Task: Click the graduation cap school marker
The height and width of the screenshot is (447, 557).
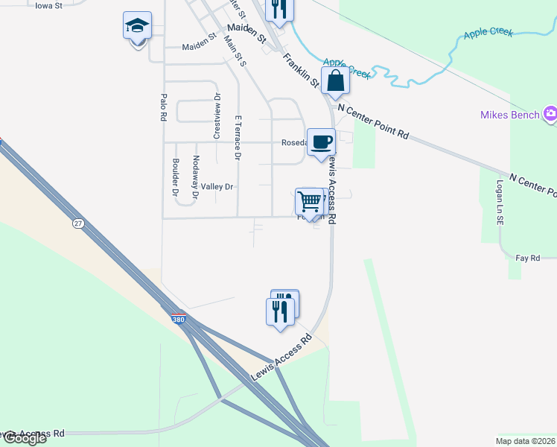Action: pos(137,28)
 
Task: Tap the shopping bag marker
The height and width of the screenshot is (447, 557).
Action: pos(336,80)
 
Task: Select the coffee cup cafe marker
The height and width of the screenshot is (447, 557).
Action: pos(322,142)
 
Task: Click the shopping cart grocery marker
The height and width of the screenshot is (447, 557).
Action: pos(309,200)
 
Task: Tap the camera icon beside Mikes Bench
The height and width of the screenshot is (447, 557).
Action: pos(550,114)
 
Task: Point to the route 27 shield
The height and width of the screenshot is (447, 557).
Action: pos(78,223)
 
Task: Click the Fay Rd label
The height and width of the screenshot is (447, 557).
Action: pos(527,258)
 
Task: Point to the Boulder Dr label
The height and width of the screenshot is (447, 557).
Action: pos(175,177)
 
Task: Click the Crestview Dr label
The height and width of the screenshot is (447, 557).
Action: pos(218,115)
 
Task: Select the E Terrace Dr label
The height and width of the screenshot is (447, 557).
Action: pos(238,138)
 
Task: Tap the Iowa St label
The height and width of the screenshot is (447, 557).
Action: pos(48,4)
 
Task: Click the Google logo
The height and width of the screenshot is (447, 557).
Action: pos(24,438)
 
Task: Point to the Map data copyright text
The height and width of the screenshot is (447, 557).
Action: pos(525,441)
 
